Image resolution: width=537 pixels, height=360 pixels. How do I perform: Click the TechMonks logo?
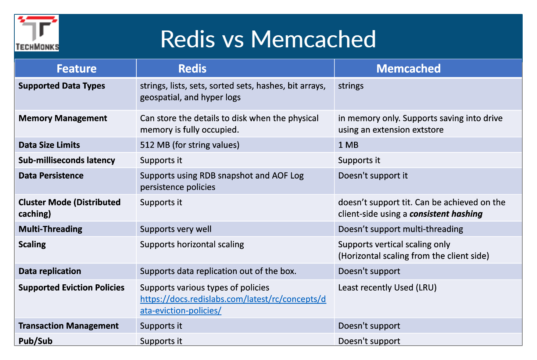37,33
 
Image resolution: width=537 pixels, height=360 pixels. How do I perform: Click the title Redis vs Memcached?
268,39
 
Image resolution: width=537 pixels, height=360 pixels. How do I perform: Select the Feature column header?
76,69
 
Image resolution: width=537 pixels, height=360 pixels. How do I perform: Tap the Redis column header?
192,69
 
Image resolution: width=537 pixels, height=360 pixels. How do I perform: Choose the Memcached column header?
408,69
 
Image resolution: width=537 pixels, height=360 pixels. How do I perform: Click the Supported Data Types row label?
62,86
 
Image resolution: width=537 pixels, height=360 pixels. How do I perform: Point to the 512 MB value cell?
190,145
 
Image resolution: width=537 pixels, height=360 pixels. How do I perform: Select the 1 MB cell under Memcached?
348,145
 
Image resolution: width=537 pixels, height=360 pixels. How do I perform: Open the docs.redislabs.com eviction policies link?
233,305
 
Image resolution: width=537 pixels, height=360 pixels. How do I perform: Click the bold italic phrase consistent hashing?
446,214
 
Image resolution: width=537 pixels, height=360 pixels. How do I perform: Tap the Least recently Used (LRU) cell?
387,288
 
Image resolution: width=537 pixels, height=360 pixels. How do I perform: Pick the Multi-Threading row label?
50,229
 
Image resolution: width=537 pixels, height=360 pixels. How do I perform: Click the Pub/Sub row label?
35,341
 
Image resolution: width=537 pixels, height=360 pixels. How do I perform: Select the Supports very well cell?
176,229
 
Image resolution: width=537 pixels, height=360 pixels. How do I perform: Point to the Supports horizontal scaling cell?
192,245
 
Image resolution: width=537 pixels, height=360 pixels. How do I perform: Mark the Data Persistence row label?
51,176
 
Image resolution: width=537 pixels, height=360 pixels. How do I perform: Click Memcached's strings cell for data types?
351,86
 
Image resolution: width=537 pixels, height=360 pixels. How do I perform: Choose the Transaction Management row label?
68,326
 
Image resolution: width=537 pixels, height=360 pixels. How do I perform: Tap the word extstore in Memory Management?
426,130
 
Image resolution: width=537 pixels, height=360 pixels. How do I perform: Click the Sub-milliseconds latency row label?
67,161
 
